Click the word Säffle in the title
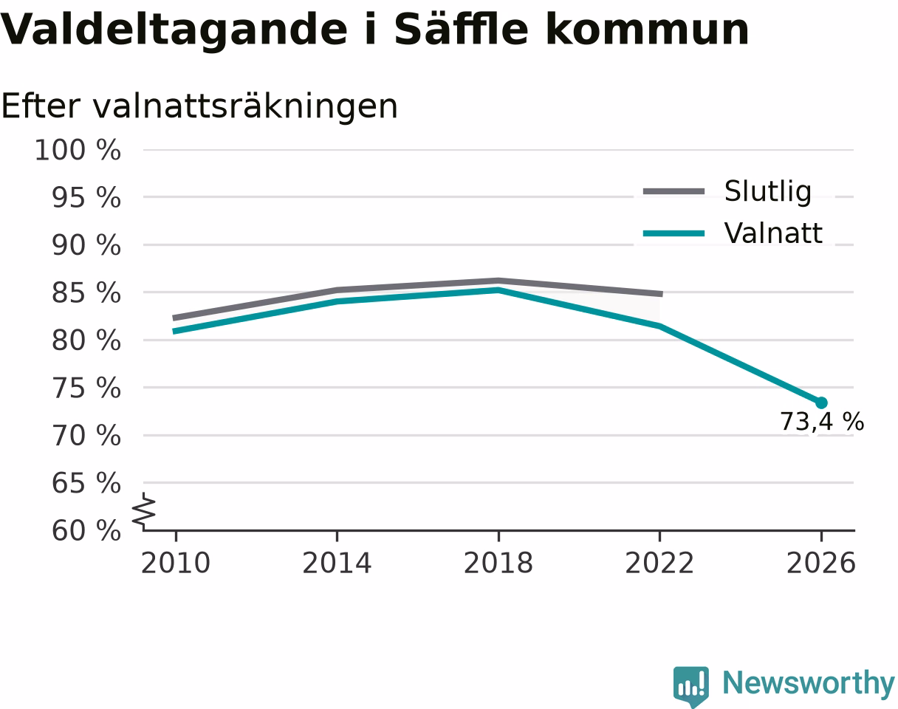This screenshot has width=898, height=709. (462, 30)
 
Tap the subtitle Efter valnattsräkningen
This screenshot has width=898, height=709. (199, 106)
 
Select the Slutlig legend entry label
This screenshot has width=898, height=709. (768, 192)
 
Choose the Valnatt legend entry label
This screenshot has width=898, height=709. (773, 233)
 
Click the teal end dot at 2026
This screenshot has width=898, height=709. (821, 403)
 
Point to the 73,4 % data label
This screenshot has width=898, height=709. (822, 422)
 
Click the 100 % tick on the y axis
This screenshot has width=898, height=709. (78, 150)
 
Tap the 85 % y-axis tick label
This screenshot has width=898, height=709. (86, 293)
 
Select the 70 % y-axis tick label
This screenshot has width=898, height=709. (86, 436)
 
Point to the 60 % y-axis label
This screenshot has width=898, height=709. (86, 531)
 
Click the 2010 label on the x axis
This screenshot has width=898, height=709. (176, 564)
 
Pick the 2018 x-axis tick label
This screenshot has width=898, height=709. (498, 564)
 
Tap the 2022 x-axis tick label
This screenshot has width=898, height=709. (659, 564)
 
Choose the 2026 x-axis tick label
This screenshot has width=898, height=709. (820, 564)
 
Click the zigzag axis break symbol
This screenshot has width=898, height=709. (144, 509)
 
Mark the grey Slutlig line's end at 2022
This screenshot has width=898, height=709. (662, 294)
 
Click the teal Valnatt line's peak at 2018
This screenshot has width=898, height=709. (498, 290)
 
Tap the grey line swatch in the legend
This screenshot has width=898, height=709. (673, 191)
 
